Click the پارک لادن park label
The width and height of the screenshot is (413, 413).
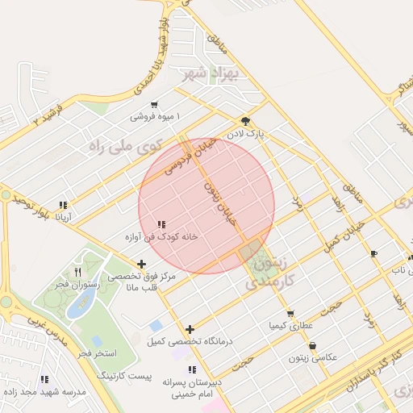(x=245, y=131)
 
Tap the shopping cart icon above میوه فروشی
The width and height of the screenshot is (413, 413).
(x=154, y=105)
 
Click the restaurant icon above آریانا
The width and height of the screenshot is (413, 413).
(x=63, y=205)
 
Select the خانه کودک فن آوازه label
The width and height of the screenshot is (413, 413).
(x=161, y=237)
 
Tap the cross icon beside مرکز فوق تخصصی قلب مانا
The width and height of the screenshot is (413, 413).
(x=142, y=264)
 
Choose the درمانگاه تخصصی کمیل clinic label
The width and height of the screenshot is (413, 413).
(x=190, y=341)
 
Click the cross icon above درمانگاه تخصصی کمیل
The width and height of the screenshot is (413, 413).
(x=190, y=329)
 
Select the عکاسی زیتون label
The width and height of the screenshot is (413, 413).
(x=312, y=357)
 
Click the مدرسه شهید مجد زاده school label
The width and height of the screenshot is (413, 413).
(x=46, y=391)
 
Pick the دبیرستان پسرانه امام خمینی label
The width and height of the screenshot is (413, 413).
(x=191, y=387)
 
